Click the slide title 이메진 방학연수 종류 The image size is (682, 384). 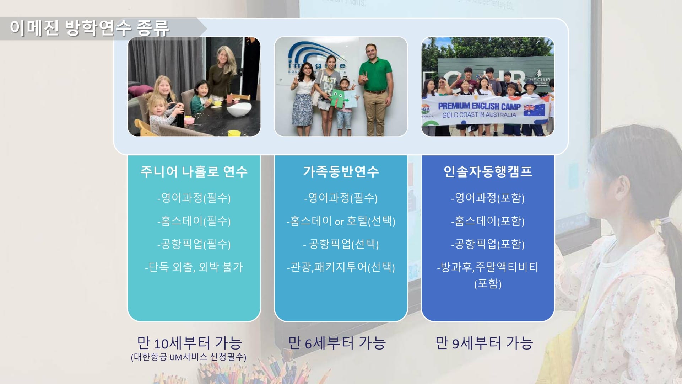(x=90, y=28)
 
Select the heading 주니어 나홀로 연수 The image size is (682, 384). (x=194, y=172)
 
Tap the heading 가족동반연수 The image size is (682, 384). (x=341, y=172)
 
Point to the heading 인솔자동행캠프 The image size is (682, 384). (x=488, y=172)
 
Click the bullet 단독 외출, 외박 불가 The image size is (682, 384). (x=194, y=267)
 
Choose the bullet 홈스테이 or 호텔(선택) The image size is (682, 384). (x=341, y=221)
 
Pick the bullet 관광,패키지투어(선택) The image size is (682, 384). (x=341, y=267)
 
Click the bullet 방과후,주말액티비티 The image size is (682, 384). (x=488, y=267)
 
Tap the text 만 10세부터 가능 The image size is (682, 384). (x=190, y=343)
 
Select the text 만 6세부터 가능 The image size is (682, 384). (x=337, y=343)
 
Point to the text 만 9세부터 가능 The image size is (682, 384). (x=484, y=343)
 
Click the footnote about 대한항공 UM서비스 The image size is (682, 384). (x=189, y=357)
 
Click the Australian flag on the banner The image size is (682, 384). (x=534, y=110)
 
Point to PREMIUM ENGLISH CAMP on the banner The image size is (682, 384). (x=479, y=106)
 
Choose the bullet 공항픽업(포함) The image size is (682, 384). (x=488, y=244)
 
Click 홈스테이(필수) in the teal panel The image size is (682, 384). (x=194, y=221)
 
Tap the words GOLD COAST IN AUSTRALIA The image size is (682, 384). (x=479, y=115)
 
